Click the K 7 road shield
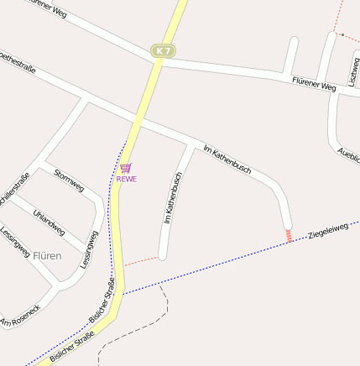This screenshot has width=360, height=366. pos(163,51)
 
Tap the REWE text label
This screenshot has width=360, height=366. pos(127,179)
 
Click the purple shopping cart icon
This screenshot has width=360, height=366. pos(126,168)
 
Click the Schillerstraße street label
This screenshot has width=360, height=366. pos(16,188)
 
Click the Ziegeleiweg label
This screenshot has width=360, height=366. pos(328,230)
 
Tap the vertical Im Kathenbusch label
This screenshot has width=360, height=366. pos(172,198)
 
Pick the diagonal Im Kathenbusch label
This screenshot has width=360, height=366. pos(227,159)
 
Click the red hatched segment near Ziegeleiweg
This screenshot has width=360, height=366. pos(289,236)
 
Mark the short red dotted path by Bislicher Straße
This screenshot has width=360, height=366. pos(141,260)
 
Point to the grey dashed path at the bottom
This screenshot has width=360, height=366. pos(134,332)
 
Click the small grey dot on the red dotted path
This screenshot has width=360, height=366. pos(342,34)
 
